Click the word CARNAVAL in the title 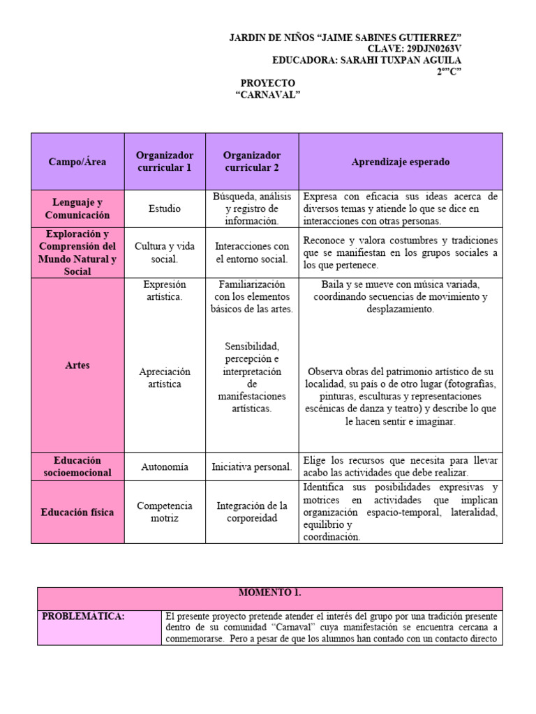(268, 95)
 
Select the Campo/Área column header (77, 162)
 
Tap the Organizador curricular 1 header (165, 161)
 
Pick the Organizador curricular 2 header (252, 161)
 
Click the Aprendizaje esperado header (401, 162)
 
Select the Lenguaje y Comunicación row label (77, 209)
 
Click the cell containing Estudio (165, 208)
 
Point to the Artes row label (77, 365)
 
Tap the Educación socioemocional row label (77, 466)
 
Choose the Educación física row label (77, 512)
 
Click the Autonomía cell (165, 467)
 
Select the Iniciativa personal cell (252, 467)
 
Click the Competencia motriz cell (165, 512)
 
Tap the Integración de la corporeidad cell (252, 512)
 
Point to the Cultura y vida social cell (165, 252)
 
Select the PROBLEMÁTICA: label (74, 616)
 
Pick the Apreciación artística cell (165, 378)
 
